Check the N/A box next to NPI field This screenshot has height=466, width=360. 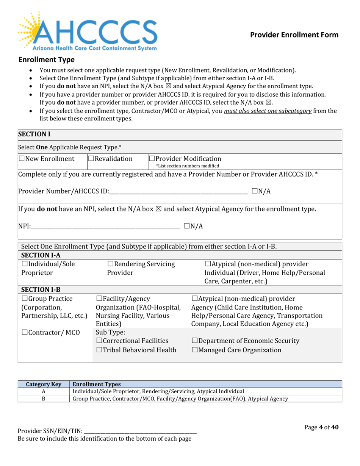(x=187, y=227)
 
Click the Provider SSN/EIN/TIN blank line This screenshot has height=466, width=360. (x=140, y=433)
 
